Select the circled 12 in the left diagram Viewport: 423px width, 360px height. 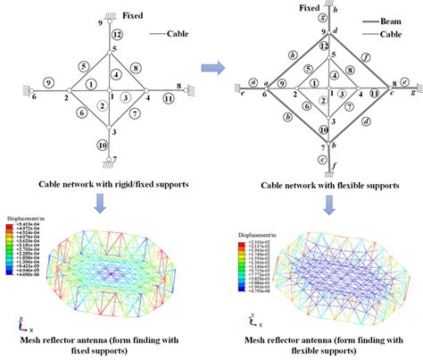(x=118, y=33)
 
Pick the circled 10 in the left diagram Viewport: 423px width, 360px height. (x=102, y=143)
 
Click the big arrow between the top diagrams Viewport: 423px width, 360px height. (x=211, y=66)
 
